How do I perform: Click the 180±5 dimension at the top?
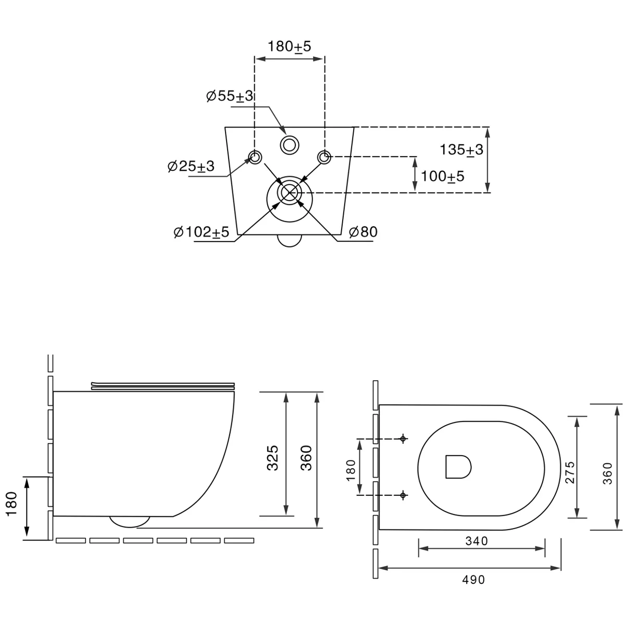click(x=289, y=46)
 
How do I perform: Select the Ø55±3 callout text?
click(x=230, y=96)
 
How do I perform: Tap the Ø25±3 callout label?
click(x=191, y=166)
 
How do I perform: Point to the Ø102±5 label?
click(x=202, y=232)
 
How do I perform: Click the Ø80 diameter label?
click(x=363, y=232)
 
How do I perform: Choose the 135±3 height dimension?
click(x=461, y=150)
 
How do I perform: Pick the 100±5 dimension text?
click(x=442, y=177)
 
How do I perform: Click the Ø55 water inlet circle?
click(x=289, y=136)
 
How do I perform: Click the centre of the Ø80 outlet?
click(x=289, y=193)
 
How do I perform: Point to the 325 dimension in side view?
click(x=272, y=458)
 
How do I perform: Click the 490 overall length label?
click(x=473, y=580)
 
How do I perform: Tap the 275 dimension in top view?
click(x=570, y=472)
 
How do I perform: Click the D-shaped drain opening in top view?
click(x=458, y=467)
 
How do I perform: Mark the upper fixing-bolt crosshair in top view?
click(x=403, y=439)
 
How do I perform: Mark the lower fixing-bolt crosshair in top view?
click(x=403, y=495)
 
